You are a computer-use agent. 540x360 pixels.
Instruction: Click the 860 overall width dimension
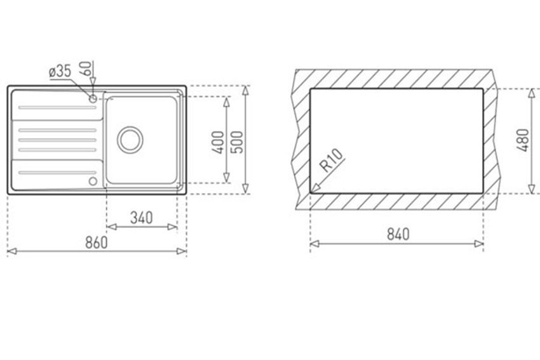click(x=97, y=243)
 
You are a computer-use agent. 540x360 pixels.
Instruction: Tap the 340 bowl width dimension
click(x=142, y=218)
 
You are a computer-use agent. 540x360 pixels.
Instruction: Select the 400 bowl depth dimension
click(x=218, y=142)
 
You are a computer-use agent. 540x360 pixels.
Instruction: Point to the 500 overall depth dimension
click(x=236, y=142)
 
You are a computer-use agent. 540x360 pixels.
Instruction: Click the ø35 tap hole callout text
click(x=60, y=71)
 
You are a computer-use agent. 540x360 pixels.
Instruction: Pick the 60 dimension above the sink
click(x=86, y=68)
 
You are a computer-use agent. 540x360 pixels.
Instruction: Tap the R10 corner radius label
click(x=332, y=160)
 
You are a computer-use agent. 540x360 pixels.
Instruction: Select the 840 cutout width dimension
click(x=398, y=234)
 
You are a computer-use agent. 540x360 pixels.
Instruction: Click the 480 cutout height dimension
click(x=522, y=140)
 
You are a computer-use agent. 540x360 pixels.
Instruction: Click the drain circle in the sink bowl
click(x=130, y=140)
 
